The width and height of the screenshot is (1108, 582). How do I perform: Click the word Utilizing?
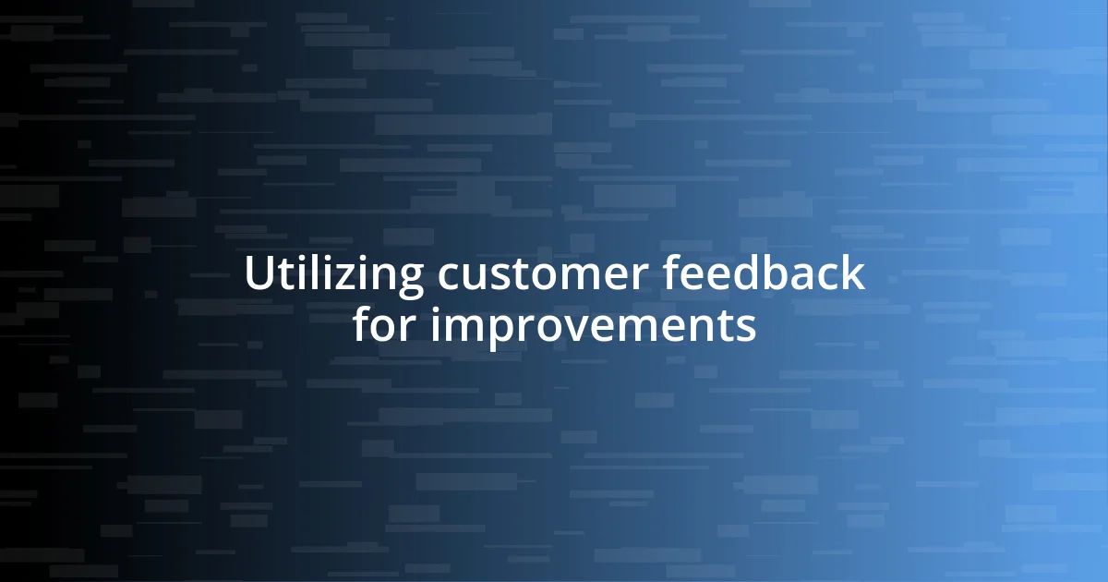(x=333, y=274)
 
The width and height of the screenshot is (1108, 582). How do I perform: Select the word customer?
(x=545, y=274)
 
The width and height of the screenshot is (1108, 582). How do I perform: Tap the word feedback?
(x=764, y=274)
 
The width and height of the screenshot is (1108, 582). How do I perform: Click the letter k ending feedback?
(x=855, y=274)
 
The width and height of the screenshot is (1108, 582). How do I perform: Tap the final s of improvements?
(x=746, y=328)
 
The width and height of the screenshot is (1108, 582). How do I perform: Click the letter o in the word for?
(x=385, y=328)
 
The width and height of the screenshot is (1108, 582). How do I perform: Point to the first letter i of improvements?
(x=437, y=325)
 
